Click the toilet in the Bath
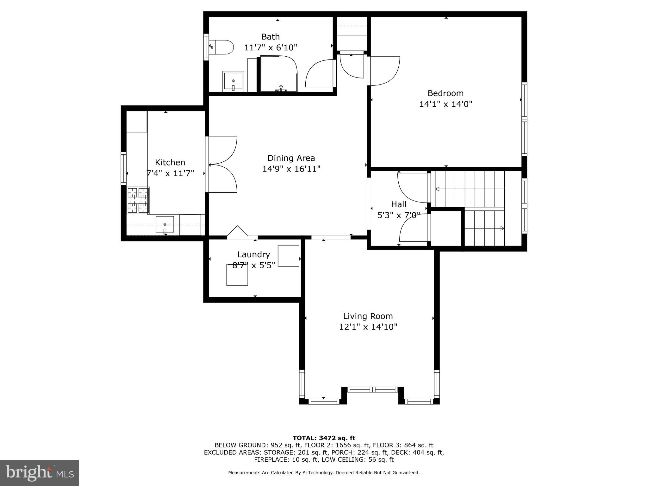(221, 47)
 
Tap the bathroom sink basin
(233, 81)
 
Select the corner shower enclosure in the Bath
(278, 74)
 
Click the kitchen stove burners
(138, 200)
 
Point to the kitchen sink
(165, 224)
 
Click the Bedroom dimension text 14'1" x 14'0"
(445, 104)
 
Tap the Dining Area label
(291, 158)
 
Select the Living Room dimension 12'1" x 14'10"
(368, 327)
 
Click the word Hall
(399, 204)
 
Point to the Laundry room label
(253, 254)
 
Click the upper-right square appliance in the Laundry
(288, 256)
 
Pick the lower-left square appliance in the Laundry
(237, 275)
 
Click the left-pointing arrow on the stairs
(438, 189)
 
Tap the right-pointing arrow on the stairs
(502, 228)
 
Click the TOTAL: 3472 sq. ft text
(324, 438)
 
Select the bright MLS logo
(39, 473)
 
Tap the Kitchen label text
(170, 162)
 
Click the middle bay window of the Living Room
(372, 389)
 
